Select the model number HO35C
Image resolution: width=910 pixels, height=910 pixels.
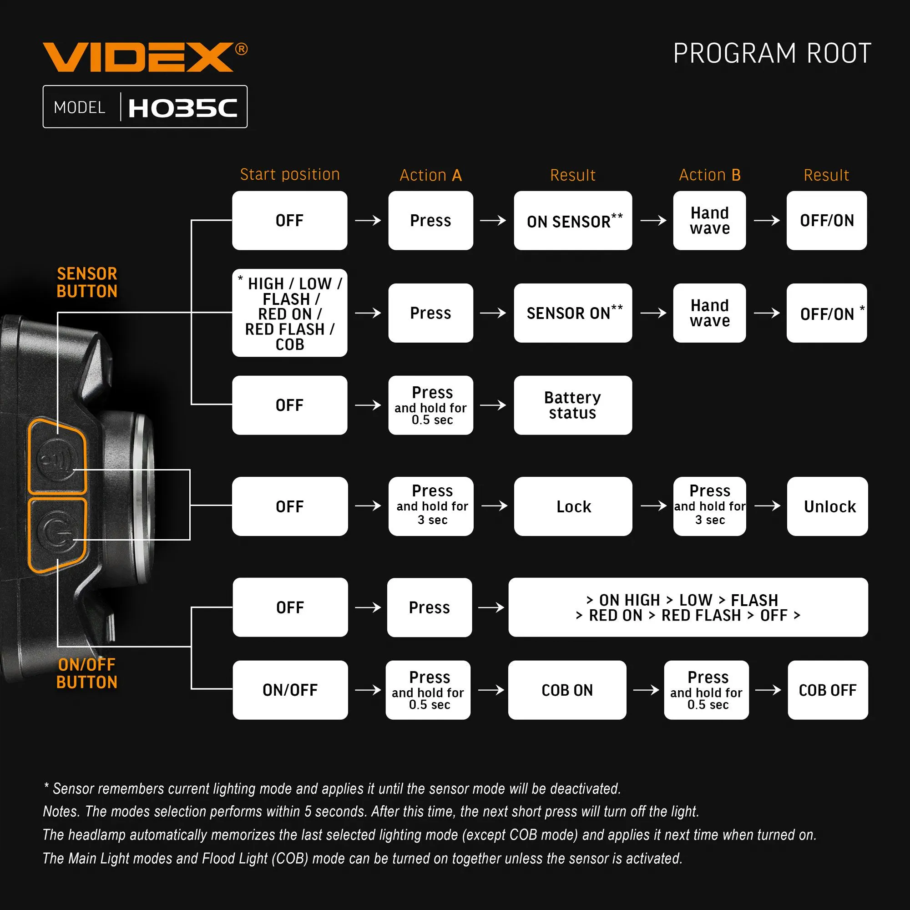182,108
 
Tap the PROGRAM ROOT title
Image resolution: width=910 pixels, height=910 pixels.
772,53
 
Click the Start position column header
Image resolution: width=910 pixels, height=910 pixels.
290,175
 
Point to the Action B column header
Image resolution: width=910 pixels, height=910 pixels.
709,175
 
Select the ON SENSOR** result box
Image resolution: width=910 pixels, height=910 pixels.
573,220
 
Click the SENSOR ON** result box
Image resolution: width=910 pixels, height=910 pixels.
573,313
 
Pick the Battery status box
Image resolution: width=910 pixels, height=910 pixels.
573,405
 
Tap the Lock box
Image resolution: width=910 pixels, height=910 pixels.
573,506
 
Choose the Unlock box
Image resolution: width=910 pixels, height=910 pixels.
827,506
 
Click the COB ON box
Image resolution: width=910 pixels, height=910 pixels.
567,690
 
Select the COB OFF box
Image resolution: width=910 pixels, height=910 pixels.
828,690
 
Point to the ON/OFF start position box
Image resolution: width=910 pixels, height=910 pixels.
290,690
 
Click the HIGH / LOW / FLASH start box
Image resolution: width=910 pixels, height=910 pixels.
290,313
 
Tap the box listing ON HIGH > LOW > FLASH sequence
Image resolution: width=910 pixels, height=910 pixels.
688,607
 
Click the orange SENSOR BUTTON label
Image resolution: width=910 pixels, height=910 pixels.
87,283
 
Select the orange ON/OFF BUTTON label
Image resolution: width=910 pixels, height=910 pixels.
87,673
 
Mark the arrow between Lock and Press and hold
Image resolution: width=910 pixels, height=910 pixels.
653,506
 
